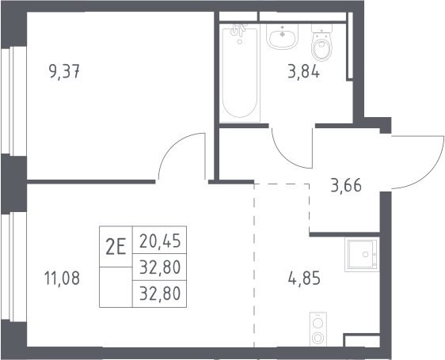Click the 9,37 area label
64,72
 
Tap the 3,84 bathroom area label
304,72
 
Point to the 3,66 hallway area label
346,185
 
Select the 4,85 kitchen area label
304,278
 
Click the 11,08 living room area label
62,278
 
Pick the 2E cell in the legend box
116,247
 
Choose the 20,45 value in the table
160,241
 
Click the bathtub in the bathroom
240,73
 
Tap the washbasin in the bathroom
282,36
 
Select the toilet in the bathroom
321,42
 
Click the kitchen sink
362,255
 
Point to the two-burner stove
318,329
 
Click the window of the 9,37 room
13,101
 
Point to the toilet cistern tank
321,28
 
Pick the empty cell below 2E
116,287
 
